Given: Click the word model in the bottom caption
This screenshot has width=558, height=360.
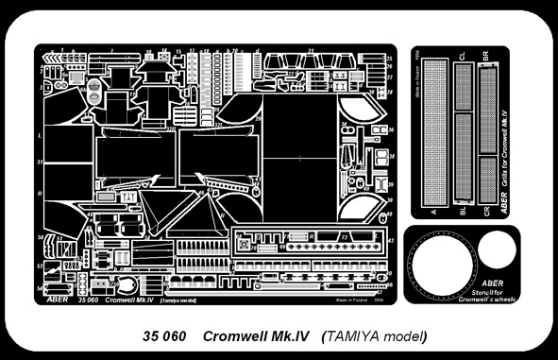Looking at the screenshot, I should click(x=408, y=336).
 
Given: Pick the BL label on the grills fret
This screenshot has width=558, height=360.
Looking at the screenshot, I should click(x=462, y=213).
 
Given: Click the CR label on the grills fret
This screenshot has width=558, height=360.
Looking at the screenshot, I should click(x=487, y=213).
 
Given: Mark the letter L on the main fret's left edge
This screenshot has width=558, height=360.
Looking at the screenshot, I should click(x=39, y=136).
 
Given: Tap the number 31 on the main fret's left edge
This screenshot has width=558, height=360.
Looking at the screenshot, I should click(x=40, y=163).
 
